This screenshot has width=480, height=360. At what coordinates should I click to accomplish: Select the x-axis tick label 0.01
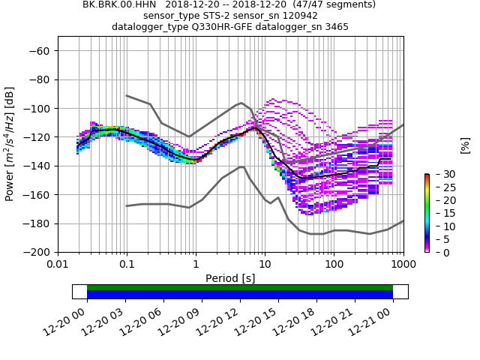click(58, 265)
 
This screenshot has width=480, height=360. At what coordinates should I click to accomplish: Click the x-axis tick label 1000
click(403, 265)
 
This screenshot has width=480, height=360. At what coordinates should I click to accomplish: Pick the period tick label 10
click(265, 265)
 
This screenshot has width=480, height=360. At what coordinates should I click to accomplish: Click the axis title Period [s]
click(230, 278)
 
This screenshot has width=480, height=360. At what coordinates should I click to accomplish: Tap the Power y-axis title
click(10, 144)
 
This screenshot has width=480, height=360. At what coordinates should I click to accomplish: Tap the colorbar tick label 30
click(441, 174)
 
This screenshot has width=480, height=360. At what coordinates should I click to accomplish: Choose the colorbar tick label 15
click(441, 213)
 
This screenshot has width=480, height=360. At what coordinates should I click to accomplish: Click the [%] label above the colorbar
click(465, 145)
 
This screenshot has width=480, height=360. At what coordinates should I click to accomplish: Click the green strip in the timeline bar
click(240, 287)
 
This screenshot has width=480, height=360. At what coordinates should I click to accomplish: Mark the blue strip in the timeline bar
click(240, 295)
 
